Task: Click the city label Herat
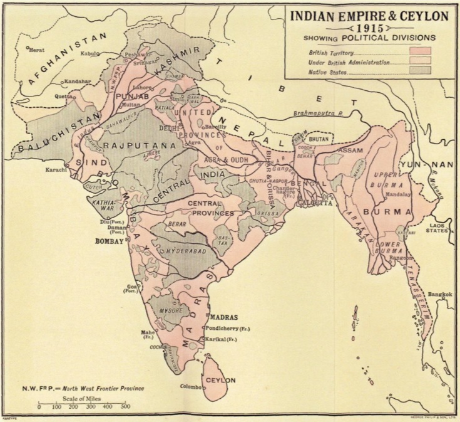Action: [x=37, y=51]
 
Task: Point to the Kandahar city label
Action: [x=76, y=82]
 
